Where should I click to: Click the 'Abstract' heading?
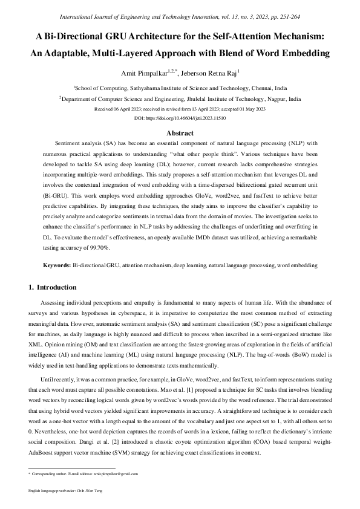coord(180,133)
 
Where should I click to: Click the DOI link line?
coord(180,120)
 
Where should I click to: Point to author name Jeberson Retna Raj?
coord(211,73)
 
